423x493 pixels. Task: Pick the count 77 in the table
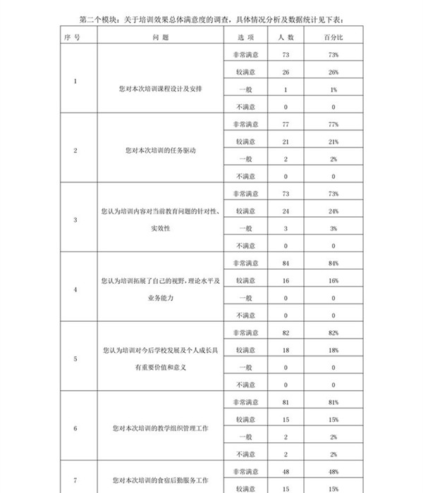(x=286, y=124)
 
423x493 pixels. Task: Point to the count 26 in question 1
(x=286, y=72)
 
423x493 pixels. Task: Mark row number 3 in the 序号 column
(x=75, y=220)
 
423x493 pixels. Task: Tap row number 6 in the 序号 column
(x=75, y=428)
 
